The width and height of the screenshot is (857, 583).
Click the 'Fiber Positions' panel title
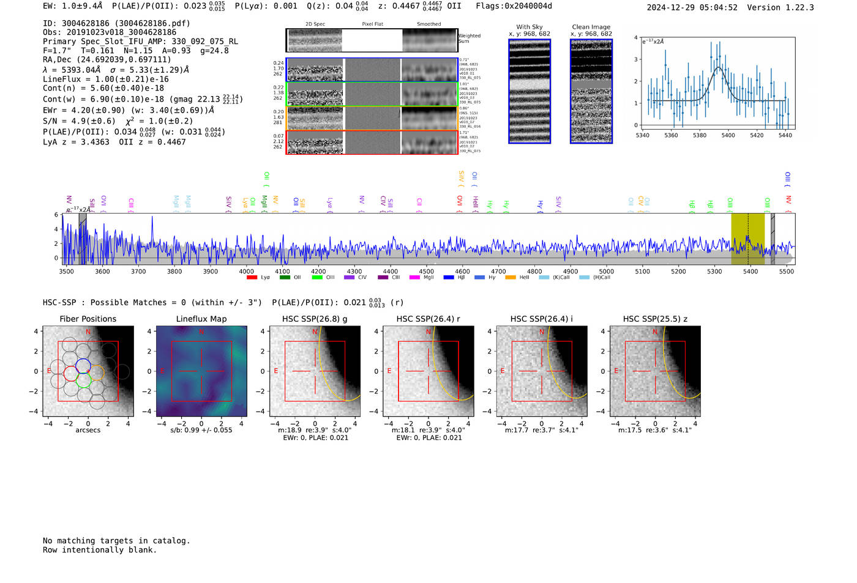tap(88, 319)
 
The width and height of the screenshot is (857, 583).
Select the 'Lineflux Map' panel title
tap(201, 319)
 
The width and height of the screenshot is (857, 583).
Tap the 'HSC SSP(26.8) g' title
tap(315, 319)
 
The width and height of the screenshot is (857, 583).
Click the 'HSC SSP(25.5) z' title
tap(655, 319)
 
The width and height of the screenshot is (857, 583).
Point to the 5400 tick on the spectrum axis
tap(750, 272)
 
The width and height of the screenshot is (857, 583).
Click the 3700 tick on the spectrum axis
tap(138, 272)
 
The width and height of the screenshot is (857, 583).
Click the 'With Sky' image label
tap(530, 27)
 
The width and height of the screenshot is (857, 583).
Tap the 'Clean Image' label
tap(591, 27)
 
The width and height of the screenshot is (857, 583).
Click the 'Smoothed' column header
tap(428, 24)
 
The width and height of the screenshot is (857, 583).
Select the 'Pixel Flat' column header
tap(372, 24)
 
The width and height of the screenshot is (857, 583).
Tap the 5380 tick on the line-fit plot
tap(700, 135)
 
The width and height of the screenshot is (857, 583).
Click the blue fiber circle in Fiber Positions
tap(83, 366)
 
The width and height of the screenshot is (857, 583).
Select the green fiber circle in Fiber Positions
tap(84, 380)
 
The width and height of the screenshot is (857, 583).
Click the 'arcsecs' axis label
tap(88, 430)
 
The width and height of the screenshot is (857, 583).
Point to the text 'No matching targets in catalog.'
tap(116, 541)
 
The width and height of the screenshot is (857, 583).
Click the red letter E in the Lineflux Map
tap(162, 369)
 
